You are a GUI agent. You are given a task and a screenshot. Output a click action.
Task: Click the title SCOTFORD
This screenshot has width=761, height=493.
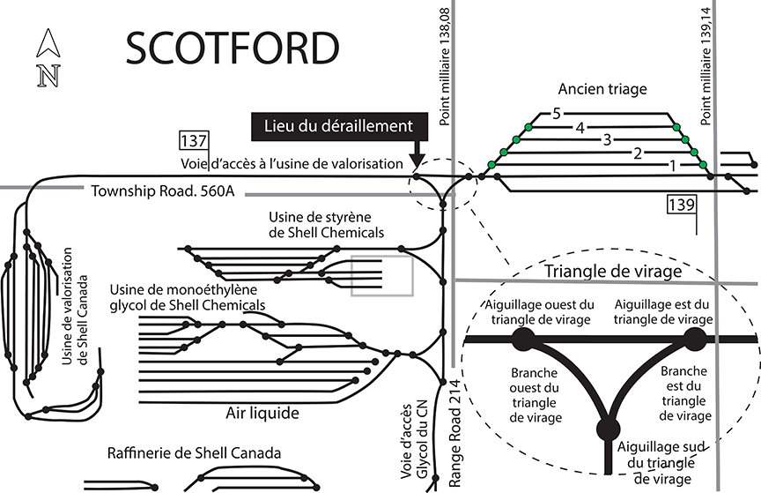(x=232, y=49)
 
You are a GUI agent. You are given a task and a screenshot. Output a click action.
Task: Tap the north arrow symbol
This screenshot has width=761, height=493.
(x=46, y=59)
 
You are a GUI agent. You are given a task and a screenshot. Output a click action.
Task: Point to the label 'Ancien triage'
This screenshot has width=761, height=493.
(x=602, y=89)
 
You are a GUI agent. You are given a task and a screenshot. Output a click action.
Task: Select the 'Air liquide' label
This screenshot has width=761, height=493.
(x=262, y=413)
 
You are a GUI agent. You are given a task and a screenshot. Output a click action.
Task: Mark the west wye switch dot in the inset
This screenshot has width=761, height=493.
(x=522, y=340)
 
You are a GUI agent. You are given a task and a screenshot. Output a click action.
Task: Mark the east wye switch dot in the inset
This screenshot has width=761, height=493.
(x=695, y=339)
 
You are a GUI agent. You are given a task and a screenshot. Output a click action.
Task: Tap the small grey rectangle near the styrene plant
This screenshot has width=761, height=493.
(x=381, y=275)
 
